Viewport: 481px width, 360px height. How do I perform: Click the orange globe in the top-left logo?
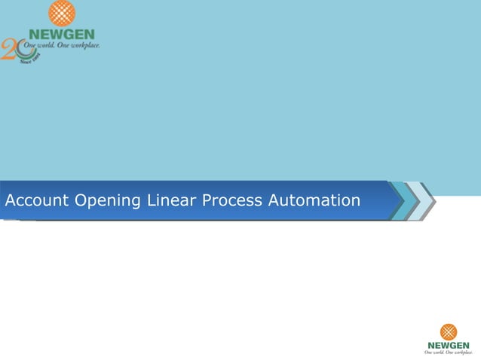pos(62,14)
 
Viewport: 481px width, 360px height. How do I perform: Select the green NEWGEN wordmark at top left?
pos(62,33)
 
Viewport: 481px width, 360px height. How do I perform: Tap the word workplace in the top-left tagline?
pos(82,44)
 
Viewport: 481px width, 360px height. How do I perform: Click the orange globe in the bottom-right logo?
pos(449,331)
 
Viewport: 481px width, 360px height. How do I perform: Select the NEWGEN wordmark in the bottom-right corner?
pos(449,345)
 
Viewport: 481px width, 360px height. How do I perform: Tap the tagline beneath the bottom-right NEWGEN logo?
pos(449,352)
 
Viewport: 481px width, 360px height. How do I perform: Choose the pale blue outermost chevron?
pos(425,201)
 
